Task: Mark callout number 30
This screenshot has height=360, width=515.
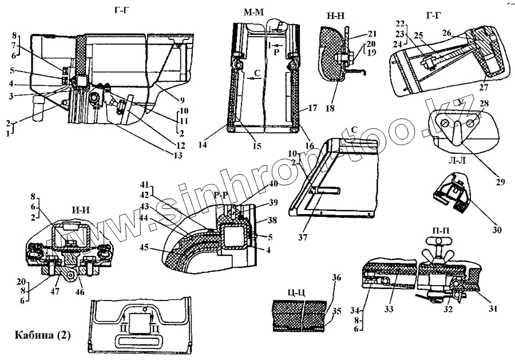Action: tap(497, 230)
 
